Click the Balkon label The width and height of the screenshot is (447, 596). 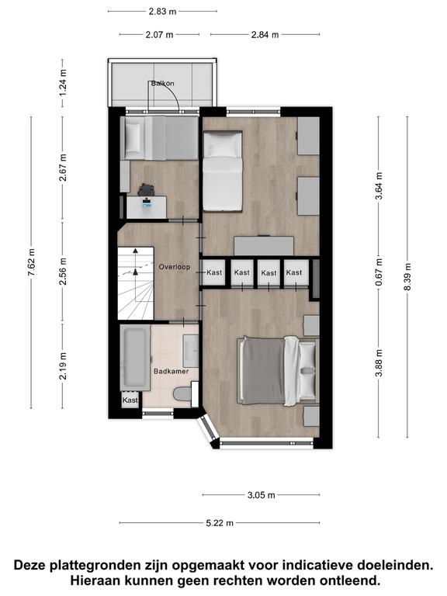coord(162,83)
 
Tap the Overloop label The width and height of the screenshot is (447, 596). coord(175,267)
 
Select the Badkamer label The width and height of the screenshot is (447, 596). coord(171,372)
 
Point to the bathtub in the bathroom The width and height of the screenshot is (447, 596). coord(135,358)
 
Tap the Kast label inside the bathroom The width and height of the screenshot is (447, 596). coord(130,400)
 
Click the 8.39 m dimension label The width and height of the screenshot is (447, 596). coord(407,276)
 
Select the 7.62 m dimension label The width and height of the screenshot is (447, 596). coord(31,263)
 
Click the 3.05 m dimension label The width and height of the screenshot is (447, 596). coord(261,495)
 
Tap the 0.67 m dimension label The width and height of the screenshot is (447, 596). coord(379,272)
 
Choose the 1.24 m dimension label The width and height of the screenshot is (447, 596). coord(63,82)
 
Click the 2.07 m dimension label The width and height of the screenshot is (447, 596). coord(159,35)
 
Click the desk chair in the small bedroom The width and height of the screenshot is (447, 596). coord(145,189)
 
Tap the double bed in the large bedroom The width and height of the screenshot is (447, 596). coord(279,370)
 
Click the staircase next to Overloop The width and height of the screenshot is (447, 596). coord(135,283)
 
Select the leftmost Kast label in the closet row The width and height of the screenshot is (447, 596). coord(214,272)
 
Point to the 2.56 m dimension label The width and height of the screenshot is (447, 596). coord(63,271)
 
